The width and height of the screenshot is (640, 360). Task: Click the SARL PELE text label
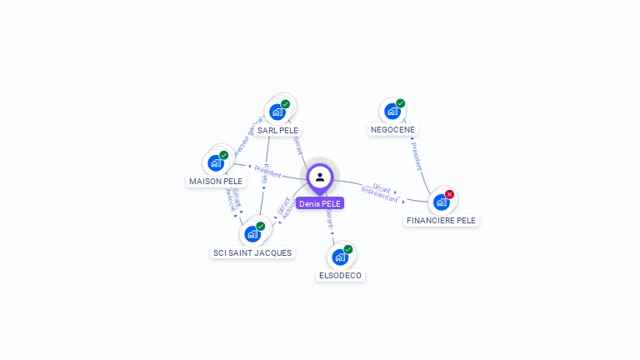click(x=277, y=130)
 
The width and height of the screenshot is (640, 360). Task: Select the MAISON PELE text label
click(x=216, y=181)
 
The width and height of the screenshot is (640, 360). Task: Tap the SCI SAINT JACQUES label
click(x=252, y=252)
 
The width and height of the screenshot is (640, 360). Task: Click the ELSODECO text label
click(x=341, y=275)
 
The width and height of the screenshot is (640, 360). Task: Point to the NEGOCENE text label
click(x=392, y=129)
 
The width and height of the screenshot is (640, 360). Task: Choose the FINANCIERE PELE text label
click(x=442, y=220)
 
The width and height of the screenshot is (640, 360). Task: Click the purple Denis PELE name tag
click(x=320, y=203)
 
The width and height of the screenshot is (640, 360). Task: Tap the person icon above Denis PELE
click(x=320, y=177)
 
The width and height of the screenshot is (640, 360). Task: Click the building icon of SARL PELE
click(x=277, y=112)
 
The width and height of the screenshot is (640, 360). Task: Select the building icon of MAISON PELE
click(x=216, y=162)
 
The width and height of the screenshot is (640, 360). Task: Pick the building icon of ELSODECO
click(x=340, y=257)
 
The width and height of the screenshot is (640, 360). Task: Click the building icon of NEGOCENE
click(x=392, y=111)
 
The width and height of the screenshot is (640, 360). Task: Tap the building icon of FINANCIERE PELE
click(x=441, y=202)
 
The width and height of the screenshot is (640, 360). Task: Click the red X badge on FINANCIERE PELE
click(x=450, y=194)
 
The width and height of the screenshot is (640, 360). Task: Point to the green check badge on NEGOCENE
click(x=401, y=103)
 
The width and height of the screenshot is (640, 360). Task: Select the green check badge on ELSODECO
click(x=348, y=249)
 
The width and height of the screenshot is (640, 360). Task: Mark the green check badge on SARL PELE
click(x=286, y=104)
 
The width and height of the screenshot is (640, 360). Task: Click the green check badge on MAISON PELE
click(x=224, y=155)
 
